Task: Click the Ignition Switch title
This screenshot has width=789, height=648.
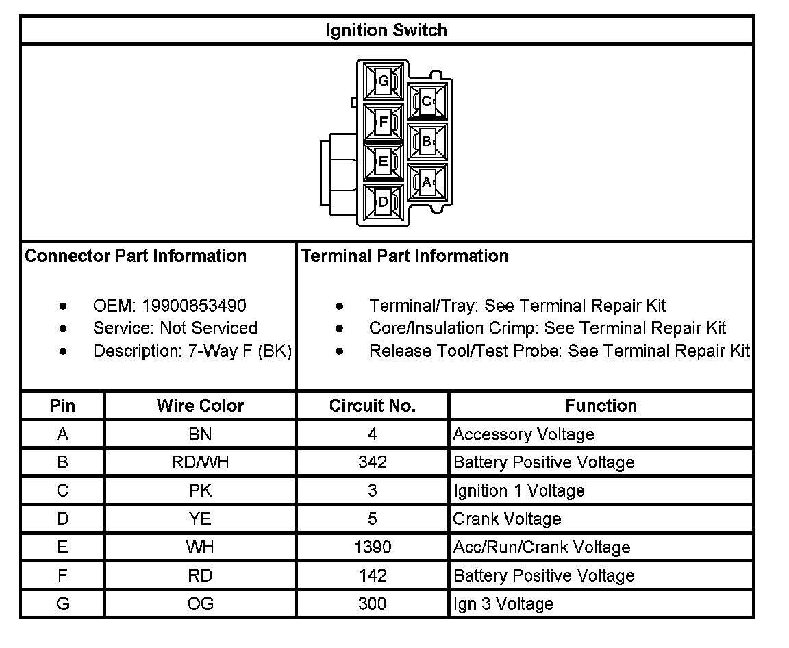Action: [x=387, y=30]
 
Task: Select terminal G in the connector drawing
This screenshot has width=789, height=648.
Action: [x=383, y=82]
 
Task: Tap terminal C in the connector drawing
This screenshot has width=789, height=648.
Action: [x=427, y=101]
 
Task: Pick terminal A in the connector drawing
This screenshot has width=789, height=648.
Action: [x=427, y=182]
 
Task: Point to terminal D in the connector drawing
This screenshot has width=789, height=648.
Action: [x=383, y=202]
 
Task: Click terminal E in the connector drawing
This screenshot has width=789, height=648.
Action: [x=383, y=162]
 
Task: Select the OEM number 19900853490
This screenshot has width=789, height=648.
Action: [x=194, y=306]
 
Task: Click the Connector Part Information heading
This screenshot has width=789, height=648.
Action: [x=136, y=256]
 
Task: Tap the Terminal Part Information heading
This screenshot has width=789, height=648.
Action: [x=405, y=256]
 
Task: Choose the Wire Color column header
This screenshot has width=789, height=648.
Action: [x=200, y=406]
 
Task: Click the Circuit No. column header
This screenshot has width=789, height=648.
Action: [x=373, y=406]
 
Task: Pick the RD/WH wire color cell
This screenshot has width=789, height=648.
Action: [x=200, y=462]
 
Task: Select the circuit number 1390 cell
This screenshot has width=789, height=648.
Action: [x=373, y=547]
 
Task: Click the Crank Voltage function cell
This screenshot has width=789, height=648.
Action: [x=507, y=519]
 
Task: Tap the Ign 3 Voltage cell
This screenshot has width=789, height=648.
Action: [x=503, y=604]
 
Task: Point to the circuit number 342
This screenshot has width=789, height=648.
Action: [x=373, y=462]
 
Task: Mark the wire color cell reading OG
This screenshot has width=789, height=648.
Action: [x=200, y=604]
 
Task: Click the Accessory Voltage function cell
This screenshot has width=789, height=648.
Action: [x=523, y=434]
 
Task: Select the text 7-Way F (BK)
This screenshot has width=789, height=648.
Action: [x=240, y=351]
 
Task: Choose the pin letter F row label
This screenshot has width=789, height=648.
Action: [x=62, y=575]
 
